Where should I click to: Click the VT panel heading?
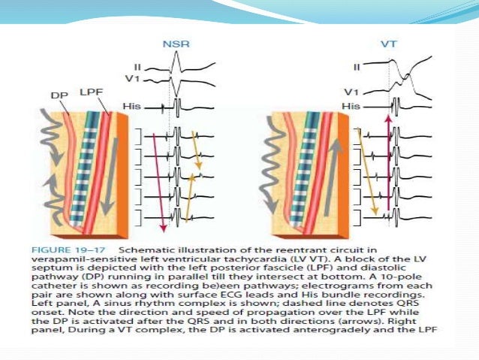coord(389,44)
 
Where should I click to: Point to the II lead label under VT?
coord(357,67)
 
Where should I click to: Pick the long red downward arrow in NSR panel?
coord(158,180)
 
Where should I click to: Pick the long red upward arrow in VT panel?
coord(387,165)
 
